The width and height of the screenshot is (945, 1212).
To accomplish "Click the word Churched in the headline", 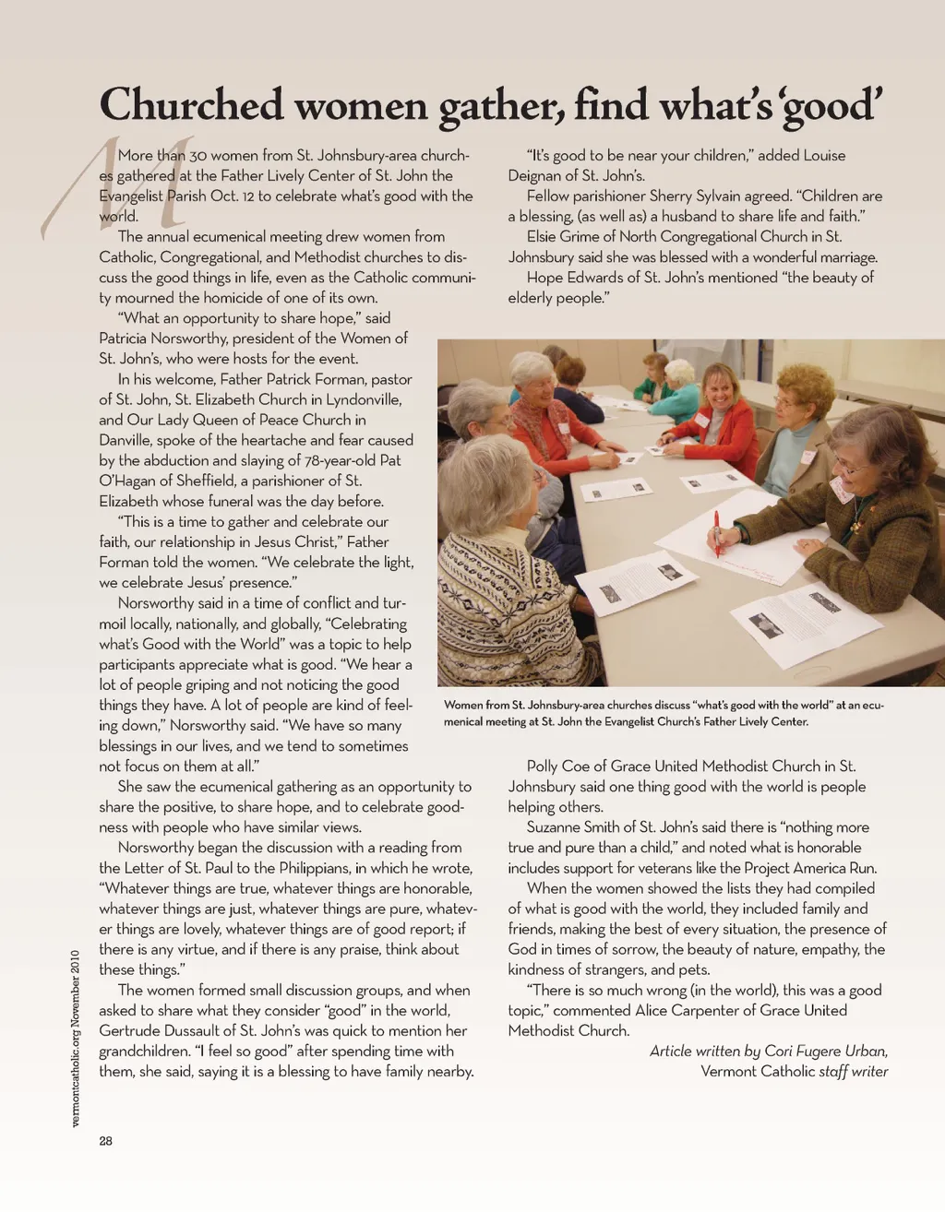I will click(191, 105).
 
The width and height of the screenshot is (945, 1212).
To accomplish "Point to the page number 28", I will click(106, 1141).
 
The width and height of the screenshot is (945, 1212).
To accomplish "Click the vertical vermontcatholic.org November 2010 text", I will click(76, 1038).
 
